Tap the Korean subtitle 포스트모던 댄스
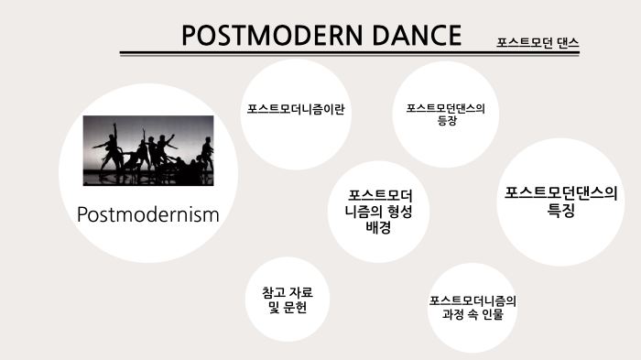pos(538,42)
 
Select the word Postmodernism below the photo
pos(148,214)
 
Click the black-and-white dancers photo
pos(148,148)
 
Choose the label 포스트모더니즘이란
pos(295,109)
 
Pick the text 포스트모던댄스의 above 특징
pos(561,193)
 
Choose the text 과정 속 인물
pos(472,314)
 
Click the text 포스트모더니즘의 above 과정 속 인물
pos(472,300)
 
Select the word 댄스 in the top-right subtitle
pos(567,42)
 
